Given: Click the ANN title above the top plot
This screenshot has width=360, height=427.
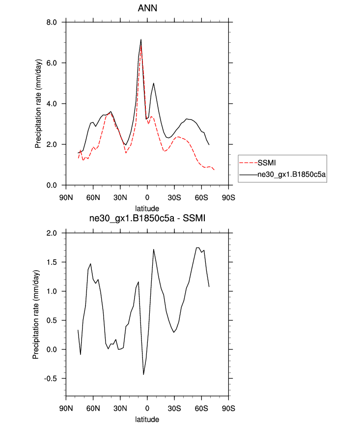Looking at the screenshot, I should (147, 8).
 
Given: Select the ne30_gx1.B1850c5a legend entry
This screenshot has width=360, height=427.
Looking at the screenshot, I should (292, 174).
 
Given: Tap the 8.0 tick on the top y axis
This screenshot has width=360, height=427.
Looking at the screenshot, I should (52, 22).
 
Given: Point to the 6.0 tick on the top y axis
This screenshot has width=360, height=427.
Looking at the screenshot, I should (52, 63).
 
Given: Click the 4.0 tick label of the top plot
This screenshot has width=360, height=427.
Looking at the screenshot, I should (52, 104).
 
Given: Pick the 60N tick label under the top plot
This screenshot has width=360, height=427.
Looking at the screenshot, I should (93, 198).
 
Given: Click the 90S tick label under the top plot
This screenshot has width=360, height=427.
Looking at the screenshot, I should (228, 198).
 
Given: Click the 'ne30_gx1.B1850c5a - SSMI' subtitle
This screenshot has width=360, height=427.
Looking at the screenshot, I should (147, 220).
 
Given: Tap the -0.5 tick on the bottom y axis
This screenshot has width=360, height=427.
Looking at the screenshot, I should (51, 379).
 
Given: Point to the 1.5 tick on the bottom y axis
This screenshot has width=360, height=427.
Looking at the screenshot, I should (52, 262).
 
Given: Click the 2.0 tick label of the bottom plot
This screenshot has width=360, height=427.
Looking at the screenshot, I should (52, 233).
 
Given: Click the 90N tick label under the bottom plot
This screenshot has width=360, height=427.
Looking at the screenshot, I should (66, 408).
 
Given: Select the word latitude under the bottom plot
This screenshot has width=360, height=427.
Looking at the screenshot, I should (147, 420).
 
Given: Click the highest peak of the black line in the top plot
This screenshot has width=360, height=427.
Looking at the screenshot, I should (141, 40).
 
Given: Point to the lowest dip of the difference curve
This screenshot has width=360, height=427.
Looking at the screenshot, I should (144, 374).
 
